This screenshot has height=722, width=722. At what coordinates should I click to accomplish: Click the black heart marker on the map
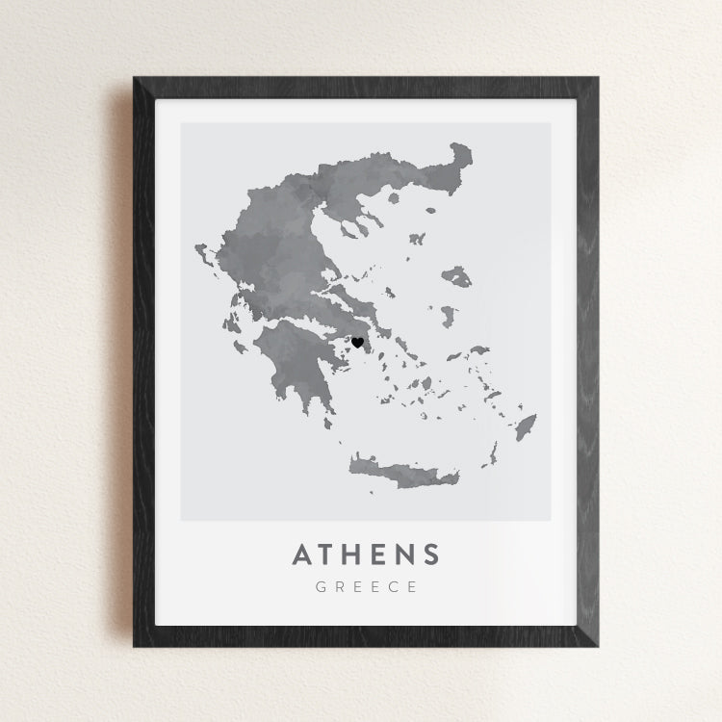(x=357, y=342)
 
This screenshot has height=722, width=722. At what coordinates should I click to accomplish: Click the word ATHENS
(x=366, y=554)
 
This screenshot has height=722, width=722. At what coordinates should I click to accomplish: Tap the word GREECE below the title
(x=366, y=587)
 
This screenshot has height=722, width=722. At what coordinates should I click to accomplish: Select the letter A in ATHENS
(x=301, y=554)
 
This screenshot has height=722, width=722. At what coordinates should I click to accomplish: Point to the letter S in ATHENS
(x=429, y=554)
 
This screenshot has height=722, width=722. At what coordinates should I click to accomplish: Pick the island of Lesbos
(x=457, y=277)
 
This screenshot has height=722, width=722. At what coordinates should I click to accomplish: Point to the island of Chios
(x=448, y=315)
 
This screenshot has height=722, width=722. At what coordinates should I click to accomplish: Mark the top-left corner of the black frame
(x=135, y=79)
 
